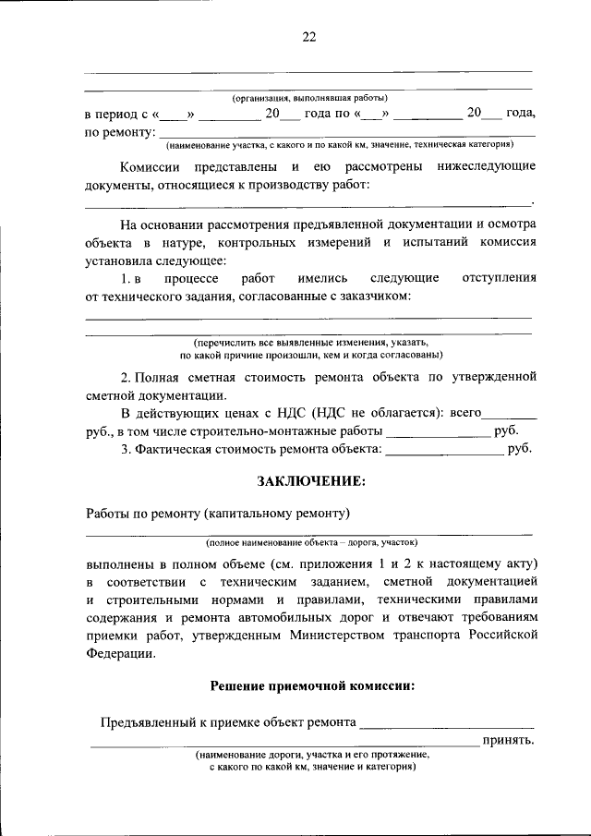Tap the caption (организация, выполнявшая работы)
309,98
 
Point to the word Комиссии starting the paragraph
151,167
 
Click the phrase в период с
116,114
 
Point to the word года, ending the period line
521,114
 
